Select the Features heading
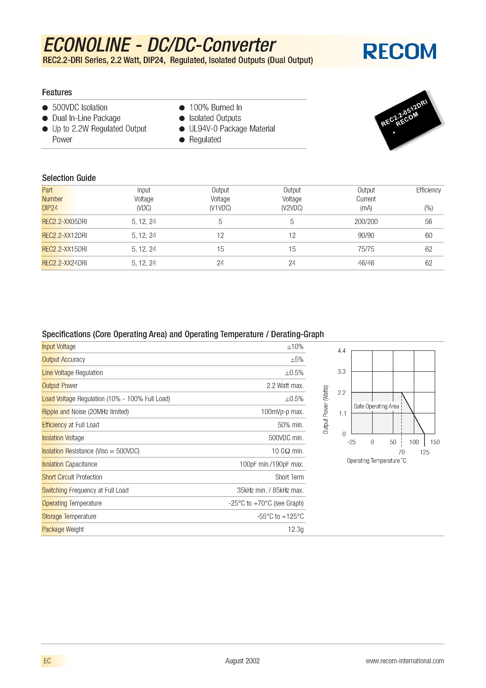[57, 92]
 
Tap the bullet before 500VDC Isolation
[45, 108]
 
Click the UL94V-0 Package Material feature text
[232, 129]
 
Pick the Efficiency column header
[428, 190]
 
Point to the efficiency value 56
[428, 222]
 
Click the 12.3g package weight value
[295, 529]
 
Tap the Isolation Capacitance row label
[70, 464]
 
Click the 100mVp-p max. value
[282, 412]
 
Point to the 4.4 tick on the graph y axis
[341, 351]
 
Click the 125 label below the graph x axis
[424, 452]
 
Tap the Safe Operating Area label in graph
[376, 406]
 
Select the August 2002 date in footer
[242, 661]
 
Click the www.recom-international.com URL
[405, 661]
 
